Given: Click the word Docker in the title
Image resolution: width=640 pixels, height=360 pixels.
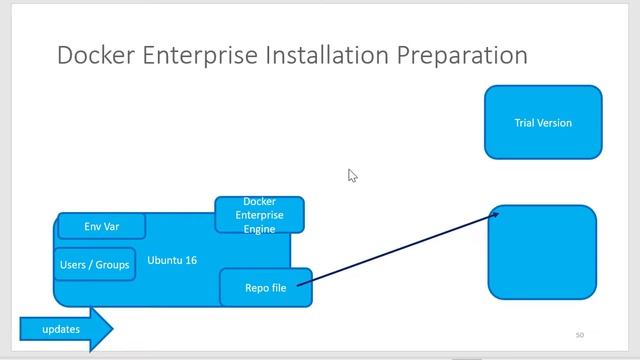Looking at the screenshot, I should pyautogui.click(x=95, y=54).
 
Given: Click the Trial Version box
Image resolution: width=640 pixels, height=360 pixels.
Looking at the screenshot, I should pyautogui.click(x=543, y=122).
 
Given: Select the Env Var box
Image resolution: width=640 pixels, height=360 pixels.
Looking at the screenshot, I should pyautogui.click(x=101, y=226).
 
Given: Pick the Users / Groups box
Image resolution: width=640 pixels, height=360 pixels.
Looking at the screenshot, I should pyautogui.click(x=95, y=265).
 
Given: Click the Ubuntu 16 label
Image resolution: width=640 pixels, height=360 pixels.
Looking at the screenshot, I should pyautogui.click(x=172, y=260).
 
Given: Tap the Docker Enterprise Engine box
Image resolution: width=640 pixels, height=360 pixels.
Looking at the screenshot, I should pyautogui.click(x=259, y=215).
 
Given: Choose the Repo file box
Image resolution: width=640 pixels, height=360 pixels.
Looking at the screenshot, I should pyautogui.click(x=265, y=288).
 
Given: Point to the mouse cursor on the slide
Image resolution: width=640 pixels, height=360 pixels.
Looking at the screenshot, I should pyautogui.click(x=352, y=175).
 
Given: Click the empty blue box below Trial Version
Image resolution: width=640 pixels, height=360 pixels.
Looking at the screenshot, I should pyautogui.click(x=542, y=252).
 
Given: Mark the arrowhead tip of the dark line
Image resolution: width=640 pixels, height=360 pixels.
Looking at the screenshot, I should pyautogui.click(x=497, y=212).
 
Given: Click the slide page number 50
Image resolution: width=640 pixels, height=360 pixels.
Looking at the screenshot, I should pyautogui.click(x=579, y=335).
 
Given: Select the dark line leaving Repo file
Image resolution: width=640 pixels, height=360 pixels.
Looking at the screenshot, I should pyautogui.click(x=400, y=250).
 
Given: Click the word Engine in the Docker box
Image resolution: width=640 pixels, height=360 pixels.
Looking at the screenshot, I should pyautogui.click(x=259, y=228).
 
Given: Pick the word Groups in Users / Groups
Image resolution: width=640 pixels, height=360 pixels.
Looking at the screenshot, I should pyautogui.click(x=113, y=265).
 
